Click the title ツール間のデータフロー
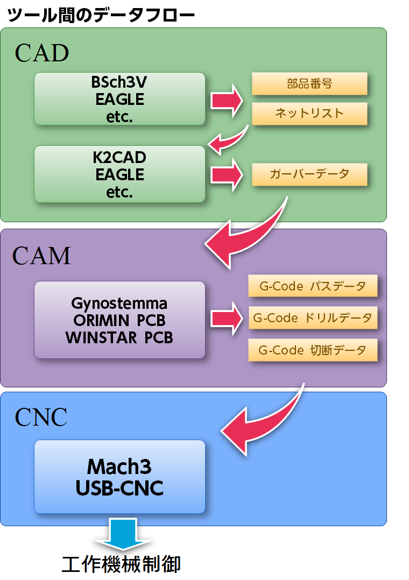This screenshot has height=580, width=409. point(101,15)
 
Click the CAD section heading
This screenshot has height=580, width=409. point(42,53)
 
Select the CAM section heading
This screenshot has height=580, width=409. point(41,256)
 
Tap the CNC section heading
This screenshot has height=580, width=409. point(41,418)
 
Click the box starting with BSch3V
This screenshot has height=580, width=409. point(119,99)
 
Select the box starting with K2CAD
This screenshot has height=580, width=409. point(119,174)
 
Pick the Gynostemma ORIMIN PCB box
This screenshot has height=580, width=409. point(119,320)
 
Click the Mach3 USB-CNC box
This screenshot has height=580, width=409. point(119,477)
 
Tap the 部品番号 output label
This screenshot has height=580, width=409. point(309,84)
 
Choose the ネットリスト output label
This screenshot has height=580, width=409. point(309,114)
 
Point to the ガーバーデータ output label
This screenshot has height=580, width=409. point(309,174)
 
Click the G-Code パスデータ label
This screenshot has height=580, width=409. point(313,286)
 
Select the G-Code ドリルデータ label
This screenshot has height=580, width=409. point(313,318)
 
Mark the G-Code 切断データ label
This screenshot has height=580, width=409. point(313,350)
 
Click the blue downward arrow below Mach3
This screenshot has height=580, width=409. point(123,533)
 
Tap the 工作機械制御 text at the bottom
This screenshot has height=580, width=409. point(121,563)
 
